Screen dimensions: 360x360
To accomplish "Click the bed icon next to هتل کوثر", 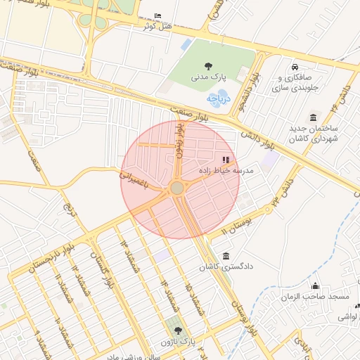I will [x=157, y=15].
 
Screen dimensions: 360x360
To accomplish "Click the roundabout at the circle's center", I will [x=176, y=188].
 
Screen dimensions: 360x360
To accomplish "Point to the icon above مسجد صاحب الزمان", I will [x=315, y=285].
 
